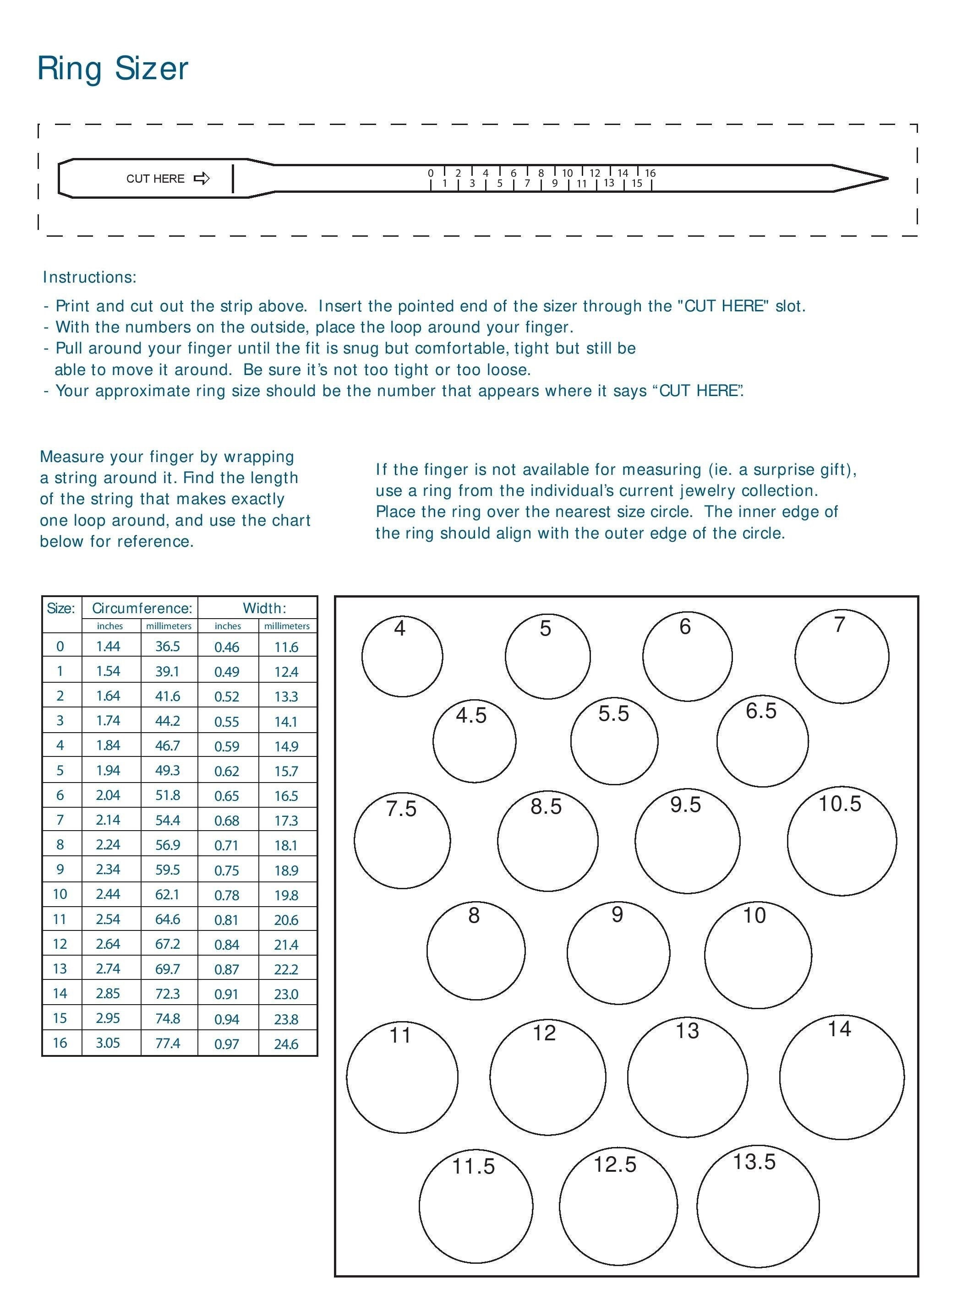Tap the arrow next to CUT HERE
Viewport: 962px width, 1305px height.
click(202, 178)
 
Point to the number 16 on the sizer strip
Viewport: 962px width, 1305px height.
click(650, 173)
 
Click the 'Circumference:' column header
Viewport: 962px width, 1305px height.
click(142, 608)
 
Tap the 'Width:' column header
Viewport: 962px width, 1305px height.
click(264, 608)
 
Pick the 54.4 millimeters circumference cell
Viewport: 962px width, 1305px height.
click(168, 820)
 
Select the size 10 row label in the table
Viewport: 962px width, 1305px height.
click(60, 894)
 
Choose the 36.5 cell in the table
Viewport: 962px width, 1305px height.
click(168, 647)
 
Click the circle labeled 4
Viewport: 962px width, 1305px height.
click(402, 656)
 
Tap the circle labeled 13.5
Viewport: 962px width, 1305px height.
click(758, 1206)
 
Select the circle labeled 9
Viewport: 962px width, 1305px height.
click(618, 953)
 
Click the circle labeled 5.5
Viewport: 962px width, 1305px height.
click(614, 741)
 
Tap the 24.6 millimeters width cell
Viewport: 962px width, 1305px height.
click(286, 1044)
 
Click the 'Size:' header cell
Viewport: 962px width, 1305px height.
click(61, 608)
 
